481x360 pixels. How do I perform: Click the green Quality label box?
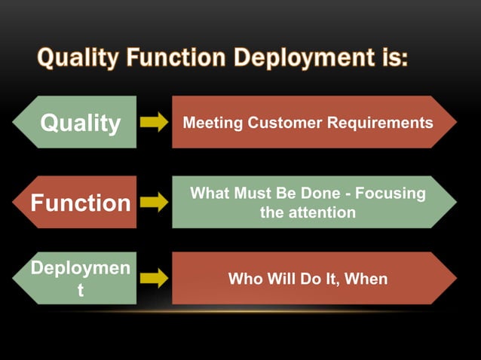pyautogui.click(x=80, y=123)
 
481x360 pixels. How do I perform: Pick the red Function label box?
pyautogui.click(x=80, y=203)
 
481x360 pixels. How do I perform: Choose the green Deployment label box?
pyautogui.click(x=80, y=279)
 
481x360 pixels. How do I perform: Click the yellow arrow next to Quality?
pyautogui.click(x=154, y=123)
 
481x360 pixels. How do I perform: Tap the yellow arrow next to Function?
pyautogui.click(x=154, y=202)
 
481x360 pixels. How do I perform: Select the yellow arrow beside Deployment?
pyautogui.click(x=154, y=279)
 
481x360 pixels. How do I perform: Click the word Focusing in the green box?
pyautogui.click(x=390, y=194)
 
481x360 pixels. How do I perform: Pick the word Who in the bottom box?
pyautogui.click(x=245, y=279)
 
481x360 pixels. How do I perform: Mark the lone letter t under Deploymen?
pyautogui.click(x=81, y=291)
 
